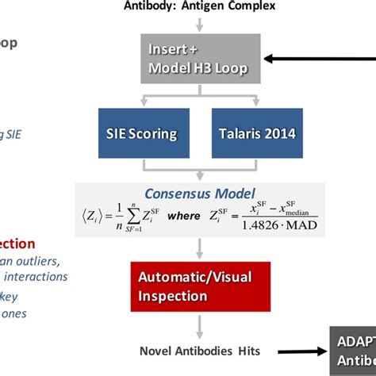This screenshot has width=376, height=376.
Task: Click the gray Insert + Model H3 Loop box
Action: (x=201, y=58)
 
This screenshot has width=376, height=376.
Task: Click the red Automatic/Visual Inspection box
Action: (x=201, y=287)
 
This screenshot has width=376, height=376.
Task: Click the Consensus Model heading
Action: (x=200, y=194)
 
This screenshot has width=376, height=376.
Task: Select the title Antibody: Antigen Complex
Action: (x=200, y=7)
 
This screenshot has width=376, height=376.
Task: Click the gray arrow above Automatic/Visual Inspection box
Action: (x=201, y=250)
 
